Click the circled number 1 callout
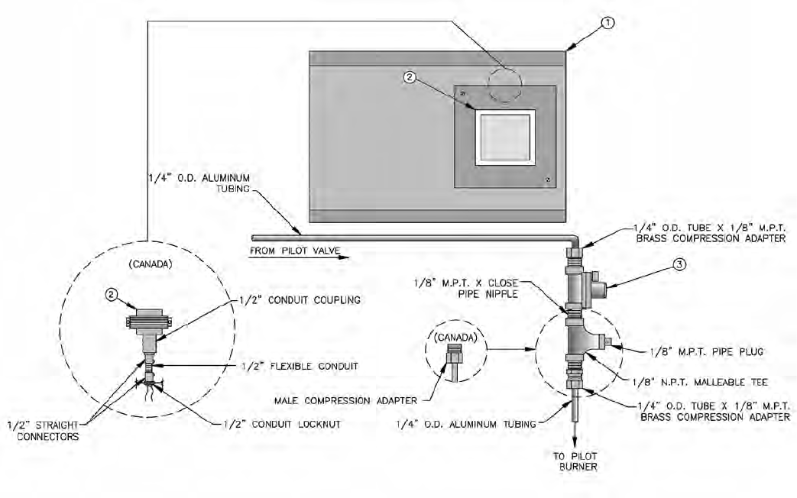(x=607, y=23)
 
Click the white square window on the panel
(x=505, y=136)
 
